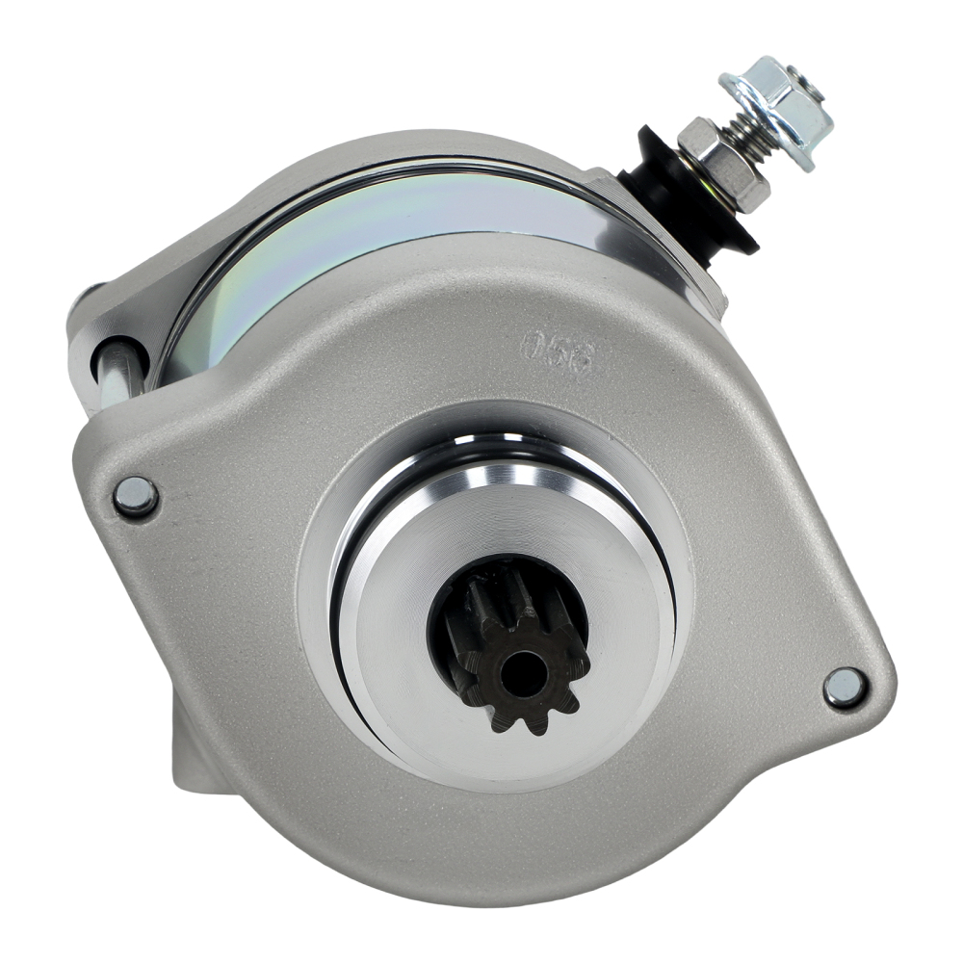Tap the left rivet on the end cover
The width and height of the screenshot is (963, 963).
click(x=135, y=496)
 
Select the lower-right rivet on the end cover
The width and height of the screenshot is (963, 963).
click(x=846, y=687)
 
